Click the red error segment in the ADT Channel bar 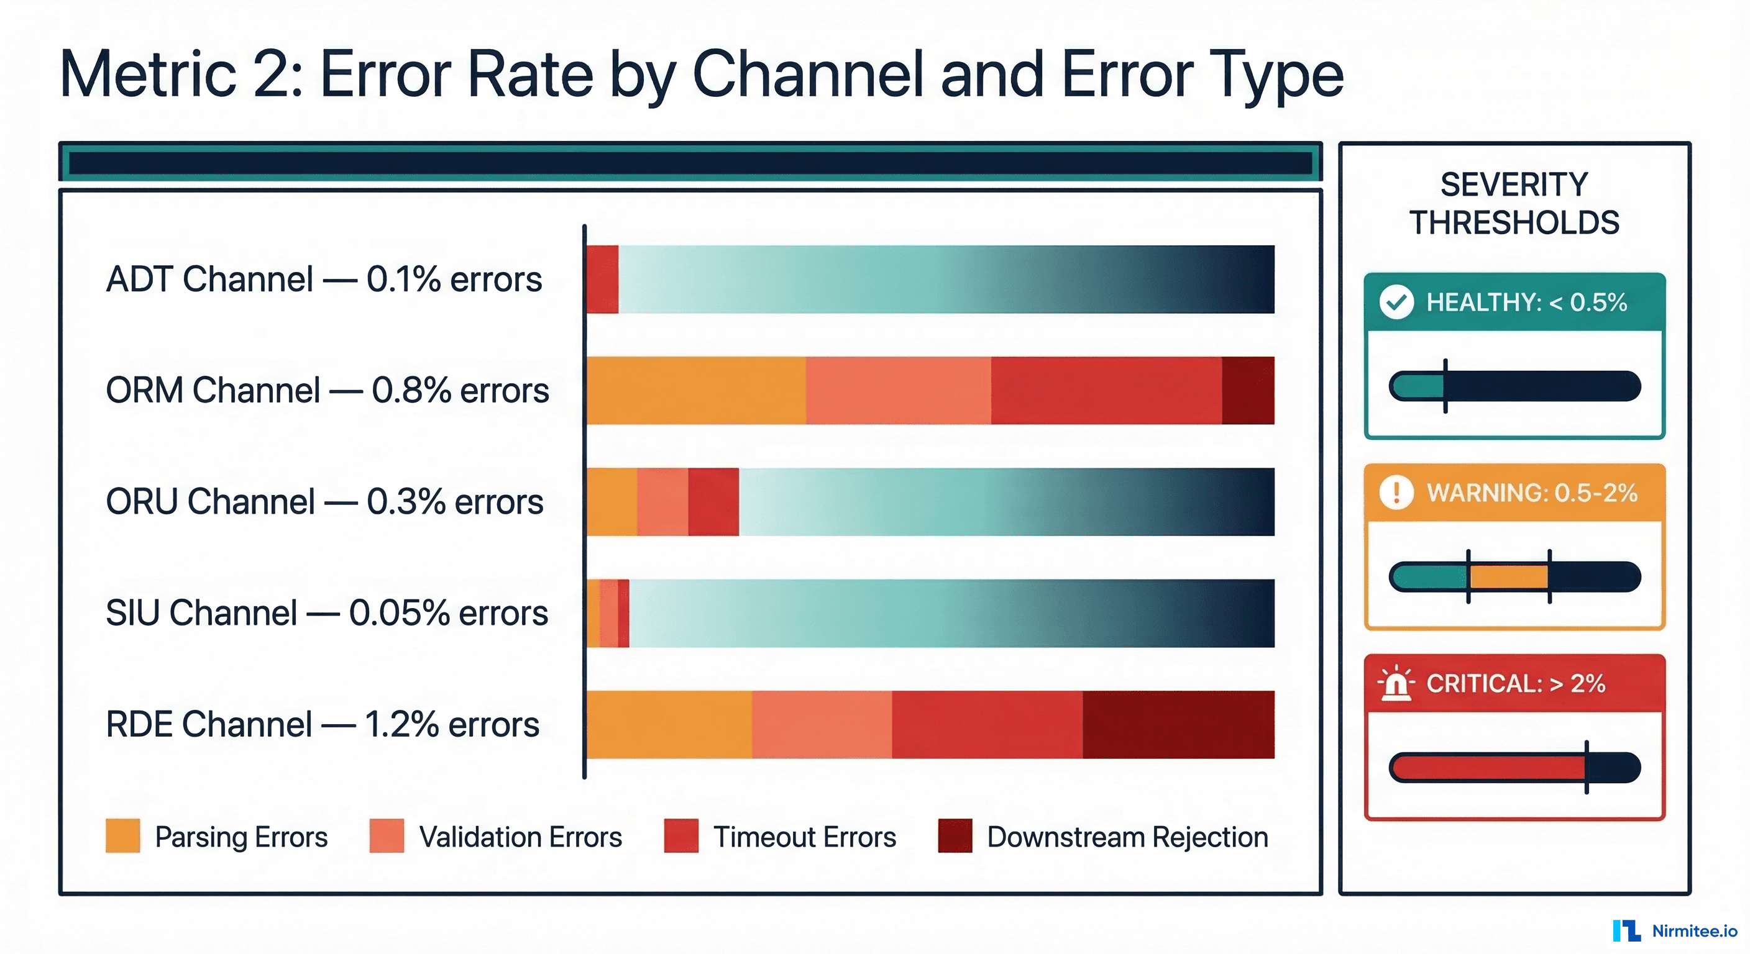pyautogui.click(x=603, y=279)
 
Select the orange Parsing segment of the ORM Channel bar pyautogui.click(x=696, y=391)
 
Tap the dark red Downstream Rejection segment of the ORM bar pyautogui.click(x=1248, y=391)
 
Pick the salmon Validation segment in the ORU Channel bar pyautogui.click(x=662, y=502)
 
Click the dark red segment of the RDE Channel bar pyautogui.click(x=1178, y=724)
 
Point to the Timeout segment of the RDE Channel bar pyautogui.click(x=986, y=724)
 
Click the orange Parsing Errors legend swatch pyautogui.click(x=123, y=836)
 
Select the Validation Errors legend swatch pyautogui.click(x=387, y=836)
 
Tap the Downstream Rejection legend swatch pyautogui.click(x=955, y=836)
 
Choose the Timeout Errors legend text pyautogui.click(x=804, y=837)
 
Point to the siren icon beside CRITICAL pyautogui.click(x=1396, y=683)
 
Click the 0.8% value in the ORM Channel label pyautogui.click(x=411, y=391)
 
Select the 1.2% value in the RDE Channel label pyautogui.click(x=401, y=724)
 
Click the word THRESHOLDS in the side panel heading pyautogui.click(x=1514, y=223)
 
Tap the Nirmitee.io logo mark pyautogui.click(x=1626, y=931)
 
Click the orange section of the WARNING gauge pyautogui.click(x=1509, y=577)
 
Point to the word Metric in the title pyautogui.click(x=147, y=75)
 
